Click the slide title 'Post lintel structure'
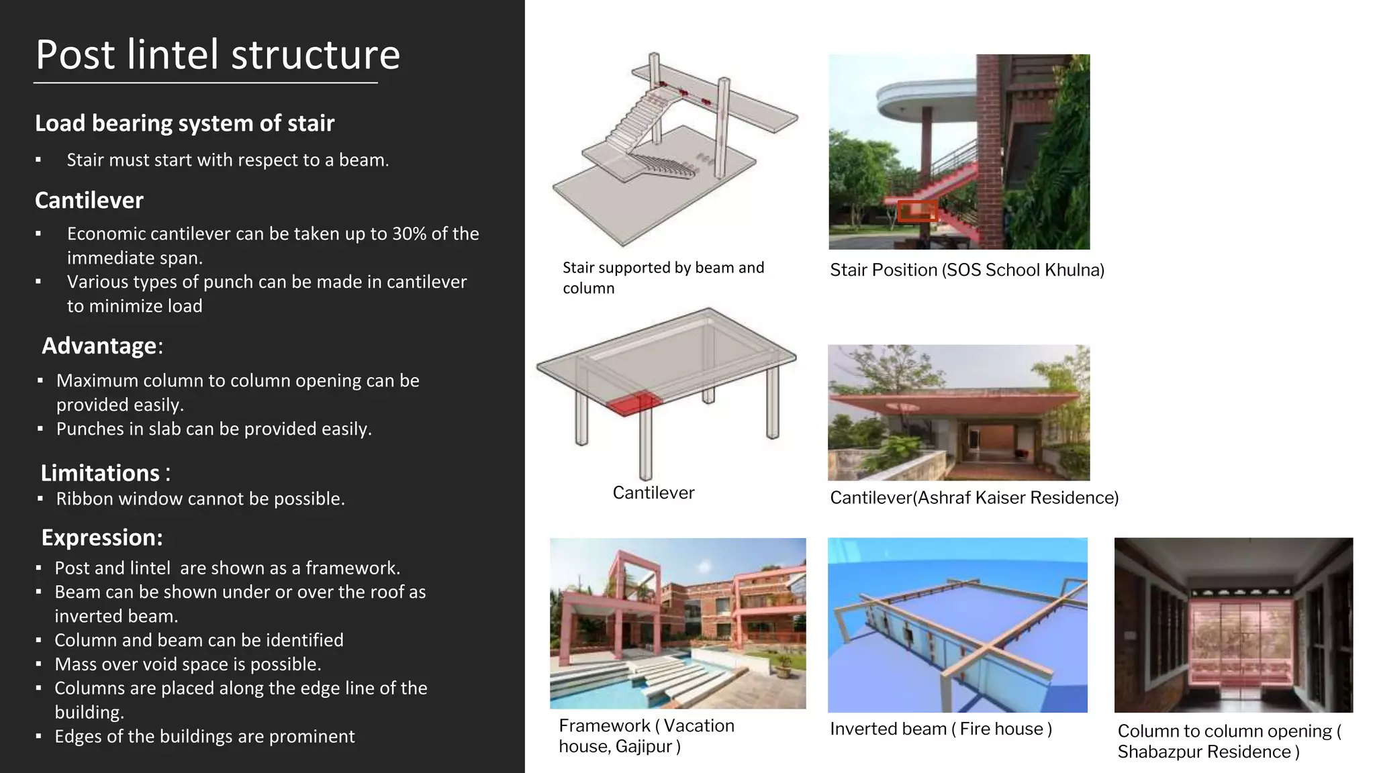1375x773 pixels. (x=218, y=55)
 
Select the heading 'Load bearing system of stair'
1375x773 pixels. (x=185, y=123)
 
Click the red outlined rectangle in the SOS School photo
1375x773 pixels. (x=916, y=211)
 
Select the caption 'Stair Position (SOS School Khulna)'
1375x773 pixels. (x=967, y=270)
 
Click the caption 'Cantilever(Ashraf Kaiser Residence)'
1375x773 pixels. (x=974, y=498)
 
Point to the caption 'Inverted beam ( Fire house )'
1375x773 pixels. (x=941, y=729)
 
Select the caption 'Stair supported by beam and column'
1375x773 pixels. (x=663, y=278)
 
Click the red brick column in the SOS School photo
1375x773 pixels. (x=988, y=148)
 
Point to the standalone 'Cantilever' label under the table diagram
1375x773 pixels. (x=653, y=493)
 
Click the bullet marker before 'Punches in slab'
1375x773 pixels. (x=40, y=429)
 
